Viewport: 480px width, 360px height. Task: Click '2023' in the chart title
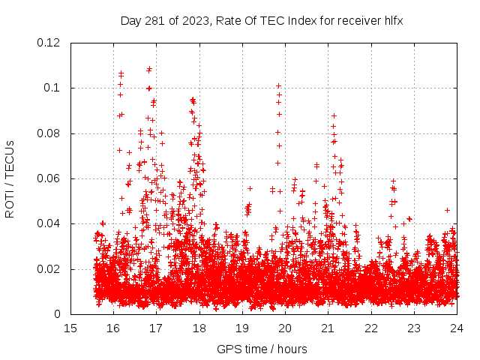[x=185, y=20]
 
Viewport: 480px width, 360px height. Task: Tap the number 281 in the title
[x=153, y=20]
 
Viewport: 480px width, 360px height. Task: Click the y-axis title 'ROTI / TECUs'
[x=10, y=178]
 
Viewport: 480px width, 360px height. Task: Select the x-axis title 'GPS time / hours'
[x=262, y=349]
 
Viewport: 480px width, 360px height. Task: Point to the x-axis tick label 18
[x=199, y=328]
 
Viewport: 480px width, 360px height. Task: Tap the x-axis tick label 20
[x=285, y=328]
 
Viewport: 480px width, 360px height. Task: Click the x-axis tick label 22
[x=371, y=328]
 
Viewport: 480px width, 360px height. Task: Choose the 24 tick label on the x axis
[x=457, y=328]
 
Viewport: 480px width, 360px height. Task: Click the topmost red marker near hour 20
[x=278, y=85]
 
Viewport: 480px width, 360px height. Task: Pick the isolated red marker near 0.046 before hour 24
[x=447, y=210]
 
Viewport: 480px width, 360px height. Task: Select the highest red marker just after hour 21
[x=334, y=116]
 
